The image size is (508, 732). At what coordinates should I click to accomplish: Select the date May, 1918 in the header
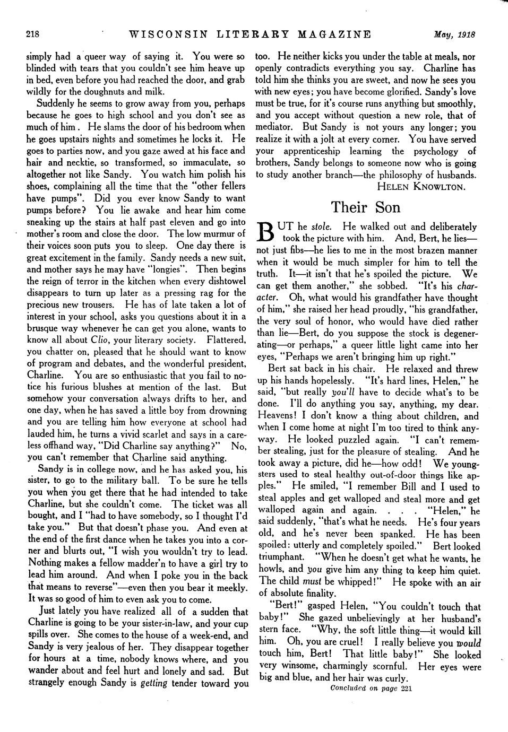[x=453, y=36]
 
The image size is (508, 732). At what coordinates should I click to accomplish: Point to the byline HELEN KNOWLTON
[x=421, y=186]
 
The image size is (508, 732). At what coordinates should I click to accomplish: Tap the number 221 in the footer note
[x=407, y=689]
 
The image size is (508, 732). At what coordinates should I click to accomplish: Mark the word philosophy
[x=397, y=175]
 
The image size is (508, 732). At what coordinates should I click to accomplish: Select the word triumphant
[x=281, y=557]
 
